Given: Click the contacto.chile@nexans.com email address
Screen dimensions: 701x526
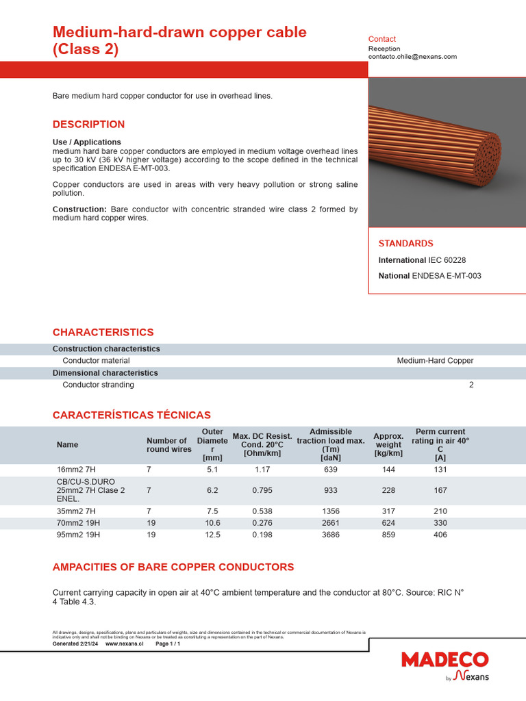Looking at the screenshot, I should pyautogui.click(x=412, y=57).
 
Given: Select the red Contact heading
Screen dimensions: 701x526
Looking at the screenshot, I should pyautogui.click(x=381, y=39).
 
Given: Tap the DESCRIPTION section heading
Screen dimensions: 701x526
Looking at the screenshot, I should pyautogui.click(x=88, y=124).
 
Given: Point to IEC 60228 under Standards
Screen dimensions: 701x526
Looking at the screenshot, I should pyautogui.click(x=447, y=260).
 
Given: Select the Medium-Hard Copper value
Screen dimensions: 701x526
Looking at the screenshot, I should pyautogui.click(x=435, y=361).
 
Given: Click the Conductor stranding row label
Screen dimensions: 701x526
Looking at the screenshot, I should pyautogui.click(x=98, y=385).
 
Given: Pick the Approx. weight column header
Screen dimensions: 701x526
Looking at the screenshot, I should pyautogui.click(x=388, y=444).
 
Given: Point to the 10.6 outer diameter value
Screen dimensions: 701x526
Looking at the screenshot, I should pyautogui.click(x=213, y=522).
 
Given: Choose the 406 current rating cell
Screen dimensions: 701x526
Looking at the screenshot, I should pyautogui.click(x=440, y=535).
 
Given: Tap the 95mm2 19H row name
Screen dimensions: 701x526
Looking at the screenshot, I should pyautogui.click(x=78, y=535).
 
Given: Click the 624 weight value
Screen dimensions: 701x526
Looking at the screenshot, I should pyautogui.click(x=388, y=522).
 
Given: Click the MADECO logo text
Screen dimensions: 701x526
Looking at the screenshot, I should pyautogui.click(x=444, y=660).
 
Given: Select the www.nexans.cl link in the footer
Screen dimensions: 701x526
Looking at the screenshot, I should pyautogui.click(x=124, y=644).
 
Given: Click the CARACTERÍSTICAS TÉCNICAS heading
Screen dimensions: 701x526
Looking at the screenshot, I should pyautogui.click(x=131, y=415).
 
